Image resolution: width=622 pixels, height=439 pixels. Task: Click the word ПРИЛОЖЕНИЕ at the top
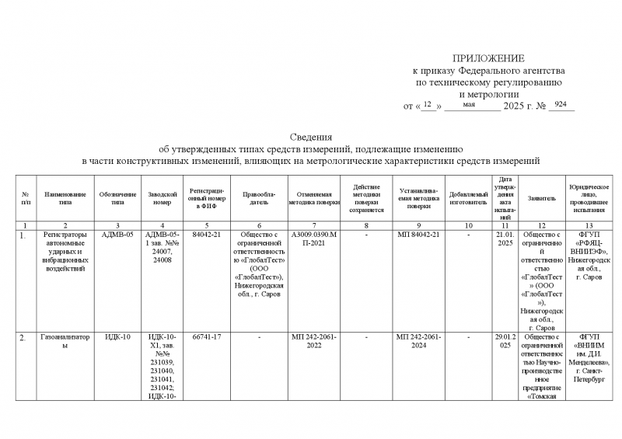(489, 58)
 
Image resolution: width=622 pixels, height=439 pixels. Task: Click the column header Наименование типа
(65, 198)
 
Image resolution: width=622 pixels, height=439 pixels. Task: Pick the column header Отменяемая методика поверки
(314, 198)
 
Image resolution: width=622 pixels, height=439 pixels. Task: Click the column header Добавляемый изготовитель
(468, 198)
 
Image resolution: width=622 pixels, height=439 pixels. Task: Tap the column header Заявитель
(541, 198)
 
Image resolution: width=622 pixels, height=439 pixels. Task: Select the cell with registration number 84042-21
(207, 233)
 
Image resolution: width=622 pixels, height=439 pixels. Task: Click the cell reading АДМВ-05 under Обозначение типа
(117, 233)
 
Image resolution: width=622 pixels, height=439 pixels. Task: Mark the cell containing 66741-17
(207, 337)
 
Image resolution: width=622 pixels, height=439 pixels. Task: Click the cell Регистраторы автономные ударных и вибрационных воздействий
(65, 250)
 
